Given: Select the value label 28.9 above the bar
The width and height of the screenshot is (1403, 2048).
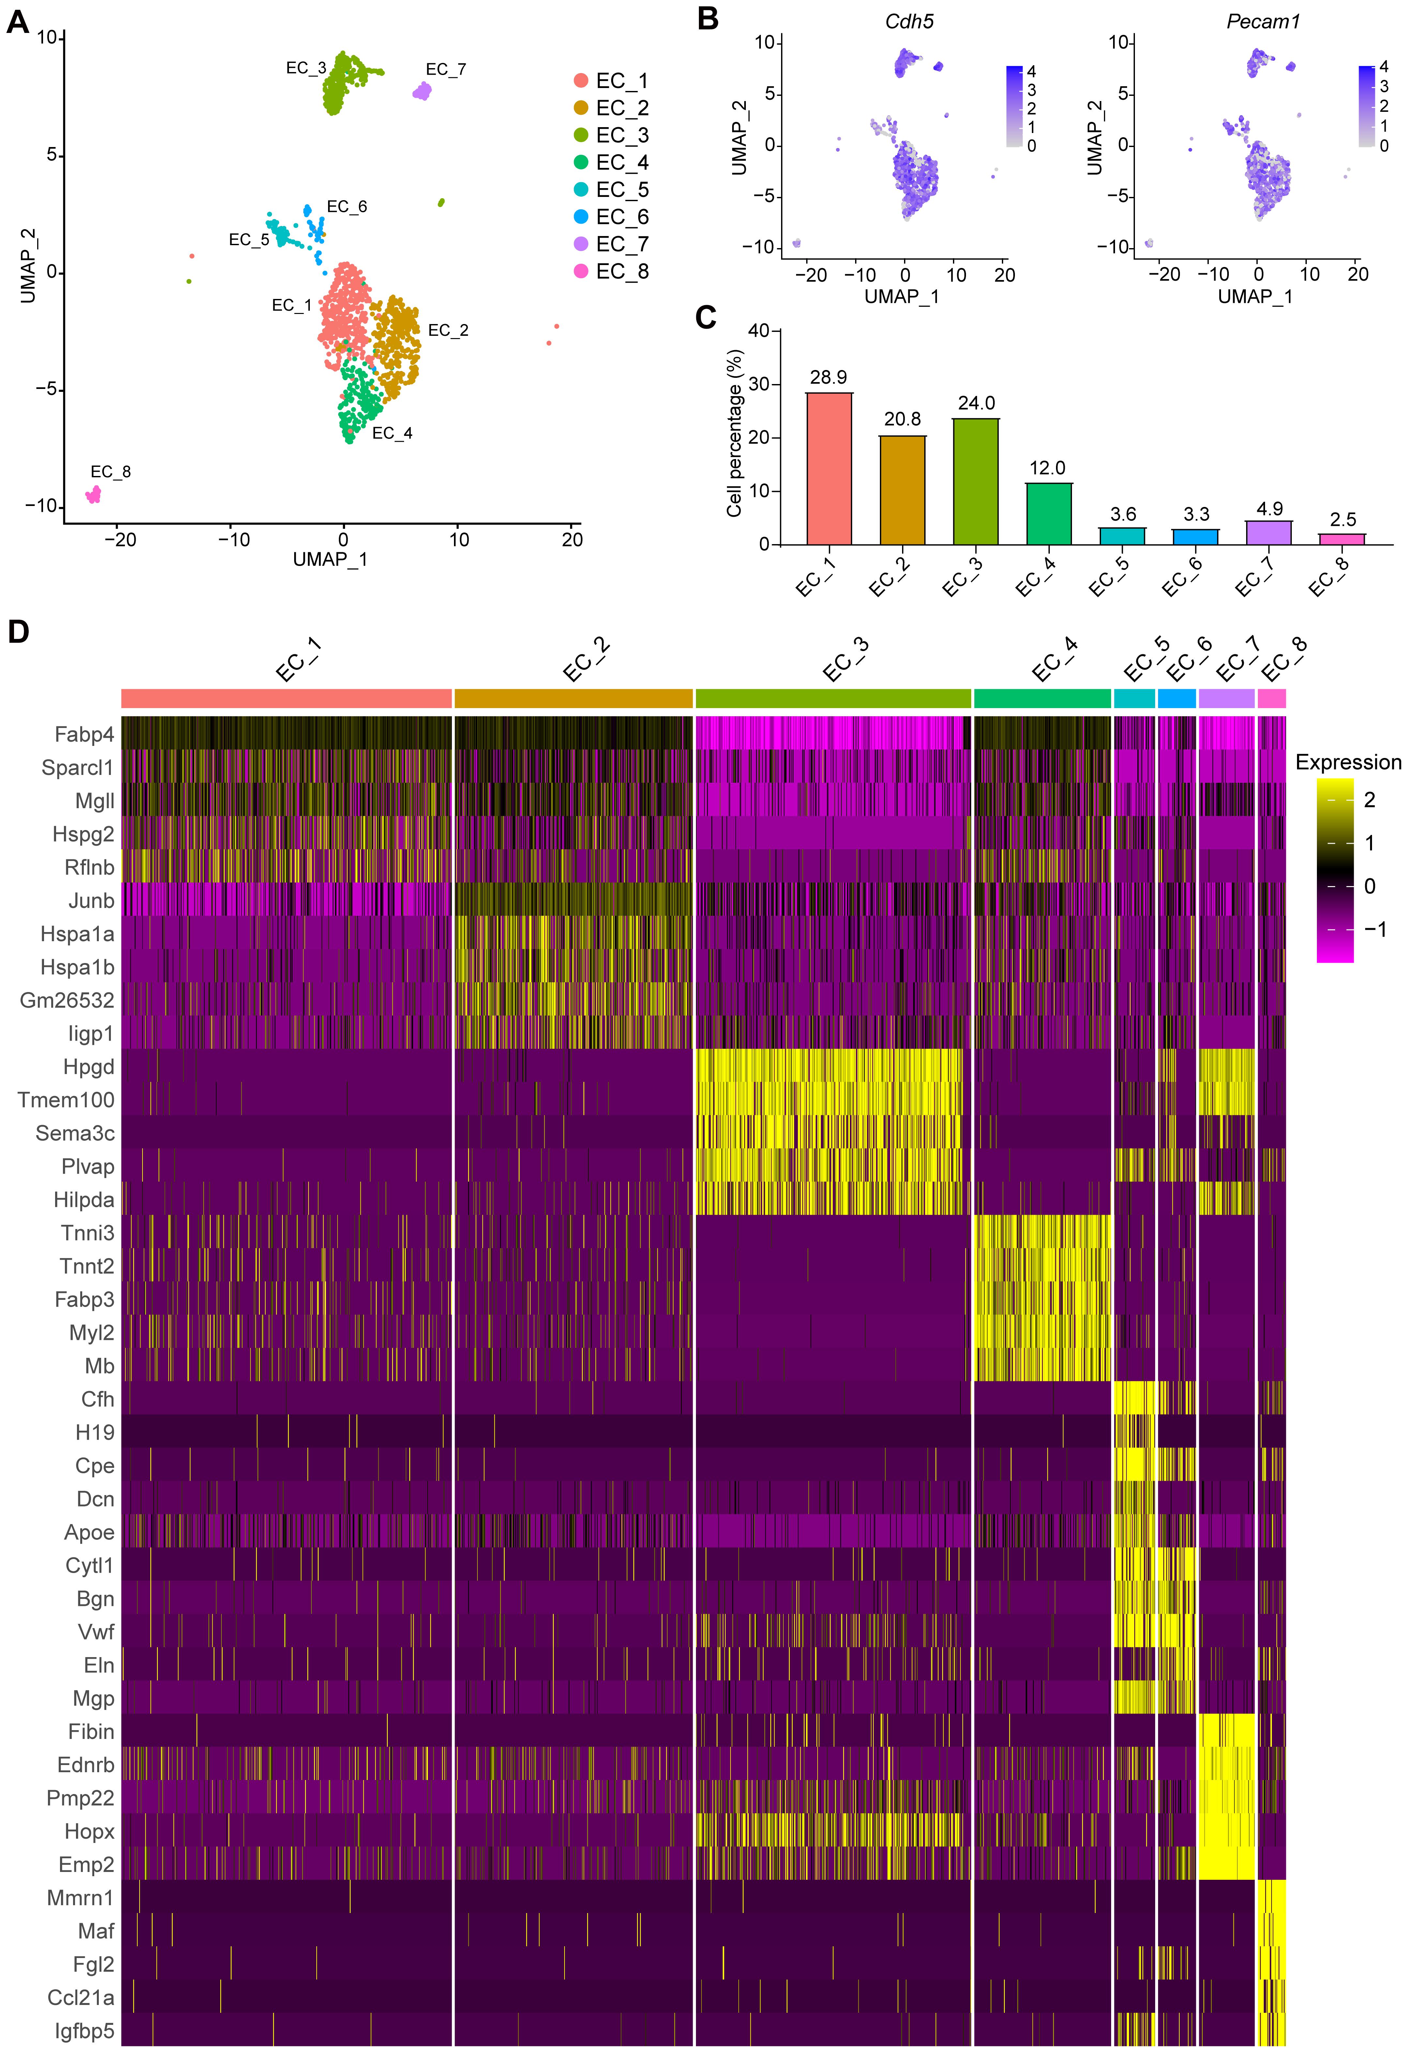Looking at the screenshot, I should pos(828,377).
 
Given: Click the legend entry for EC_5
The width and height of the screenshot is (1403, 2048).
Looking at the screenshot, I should pos(611,189).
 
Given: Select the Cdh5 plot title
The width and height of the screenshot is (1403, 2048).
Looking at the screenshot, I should pos(909,21).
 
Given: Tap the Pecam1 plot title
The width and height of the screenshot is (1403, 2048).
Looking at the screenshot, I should pos(1263,21).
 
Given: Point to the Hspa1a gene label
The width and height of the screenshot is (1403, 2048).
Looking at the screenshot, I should pos(78,934).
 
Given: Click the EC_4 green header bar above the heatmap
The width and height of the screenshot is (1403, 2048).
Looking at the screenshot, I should pos(1042,698).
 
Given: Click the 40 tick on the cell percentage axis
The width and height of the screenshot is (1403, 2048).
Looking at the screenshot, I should pos(758,331).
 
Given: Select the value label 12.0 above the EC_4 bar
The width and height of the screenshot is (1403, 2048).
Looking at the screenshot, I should pos(1047,468).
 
